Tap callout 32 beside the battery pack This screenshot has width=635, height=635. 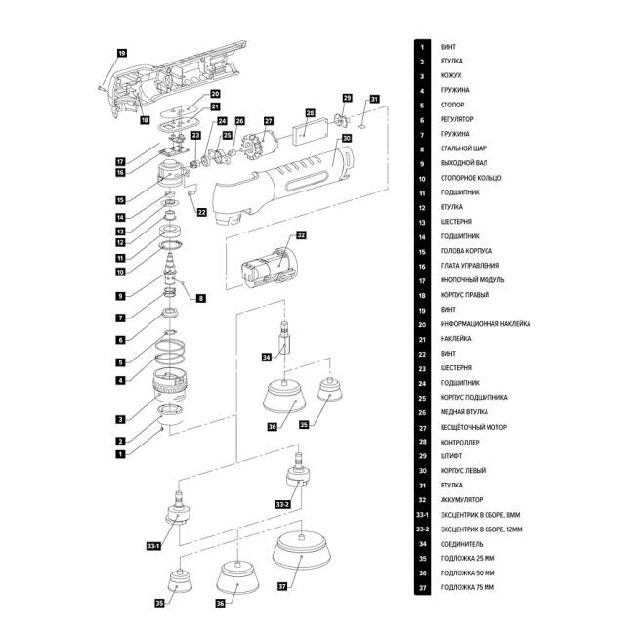(x=301, y=235)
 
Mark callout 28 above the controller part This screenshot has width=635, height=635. (x=309, y=113)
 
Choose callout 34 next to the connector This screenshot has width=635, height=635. (x=266, y=358)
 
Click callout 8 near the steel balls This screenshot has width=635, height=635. (x=202, y=297)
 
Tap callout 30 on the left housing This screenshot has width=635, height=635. (x=347, y=139)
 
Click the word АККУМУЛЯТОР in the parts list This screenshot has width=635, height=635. (x=463, y=499)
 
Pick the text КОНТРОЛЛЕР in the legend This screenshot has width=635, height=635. (x=461, y=441)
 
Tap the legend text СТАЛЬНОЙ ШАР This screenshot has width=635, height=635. (x=464, y=148)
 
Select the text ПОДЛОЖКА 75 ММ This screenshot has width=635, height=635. (x=467, y=587)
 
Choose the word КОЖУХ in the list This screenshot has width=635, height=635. (x=451, y=75)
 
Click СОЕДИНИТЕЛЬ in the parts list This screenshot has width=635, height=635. (x=462, y=543)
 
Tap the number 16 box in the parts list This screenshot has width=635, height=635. (x=422, y=266)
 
